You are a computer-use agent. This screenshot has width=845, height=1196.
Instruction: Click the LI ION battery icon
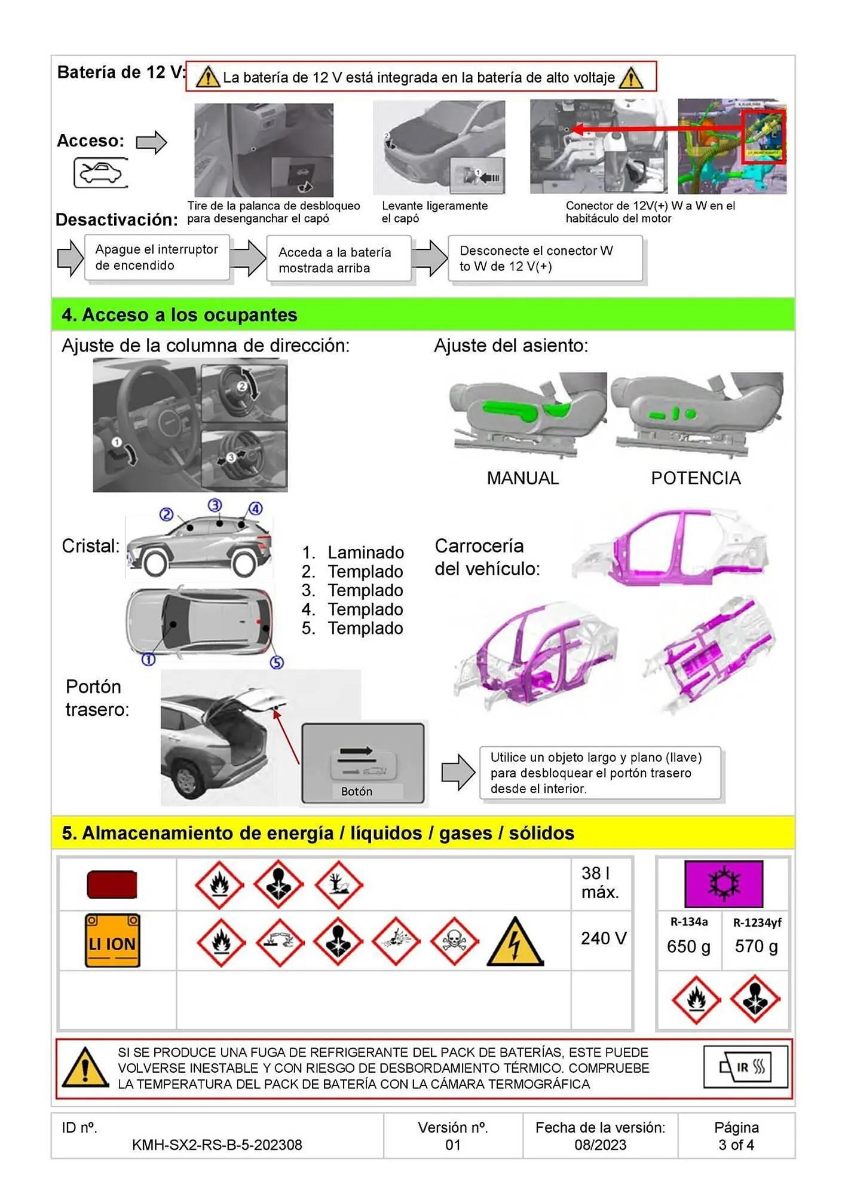pyautogui.click(x=112, y=941)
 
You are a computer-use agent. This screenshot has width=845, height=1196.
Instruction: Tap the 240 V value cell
pyautogui.click(x=603, y=938)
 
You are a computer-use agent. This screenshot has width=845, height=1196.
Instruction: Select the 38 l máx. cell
pyautogui.click(x=600, y=883)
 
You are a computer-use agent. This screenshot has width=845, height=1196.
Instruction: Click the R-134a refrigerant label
pyautogui.click(x=688, y=922)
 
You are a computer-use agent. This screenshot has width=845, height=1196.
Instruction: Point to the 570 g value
pyautogui.click(x=756, y=947)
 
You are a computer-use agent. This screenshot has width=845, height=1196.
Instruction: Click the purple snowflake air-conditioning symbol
pyautogui.click(x=724, y=884)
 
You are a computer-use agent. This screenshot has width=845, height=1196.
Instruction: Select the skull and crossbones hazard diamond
pyautogui.click(x=454, y=942)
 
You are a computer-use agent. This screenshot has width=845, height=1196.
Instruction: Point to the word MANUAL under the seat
pyautogui.click(x=522, y=478)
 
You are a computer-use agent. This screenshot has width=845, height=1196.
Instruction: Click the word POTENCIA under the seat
pyautogui.click(x=696, y=478)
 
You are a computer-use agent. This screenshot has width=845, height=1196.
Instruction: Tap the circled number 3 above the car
pyautogui.click(x=215, y=505)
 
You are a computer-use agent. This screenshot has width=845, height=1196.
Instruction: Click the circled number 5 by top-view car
pyautogui.click(x=277, y=662)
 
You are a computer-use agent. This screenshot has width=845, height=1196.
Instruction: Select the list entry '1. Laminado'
pyautogui.click(x=353, y=553)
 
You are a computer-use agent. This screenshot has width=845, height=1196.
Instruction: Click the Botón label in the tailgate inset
pyautogui.click(x=357, y=791)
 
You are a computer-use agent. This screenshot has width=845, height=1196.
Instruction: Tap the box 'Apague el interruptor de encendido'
pyautogui.click(x=157, y=258)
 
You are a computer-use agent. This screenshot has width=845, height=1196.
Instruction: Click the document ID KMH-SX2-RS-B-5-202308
pyautogui.click(x=217, y=1145)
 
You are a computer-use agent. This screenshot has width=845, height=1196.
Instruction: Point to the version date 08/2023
pyautogui.click(x=600, y=1145)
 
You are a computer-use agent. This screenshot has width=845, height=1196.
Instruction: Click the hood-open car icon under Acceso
pyautogui.click(x=100, y=173)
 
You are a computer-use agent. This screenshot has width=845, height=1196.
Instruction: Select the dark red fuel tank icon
pyautogui.click(x=112, y=884)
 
